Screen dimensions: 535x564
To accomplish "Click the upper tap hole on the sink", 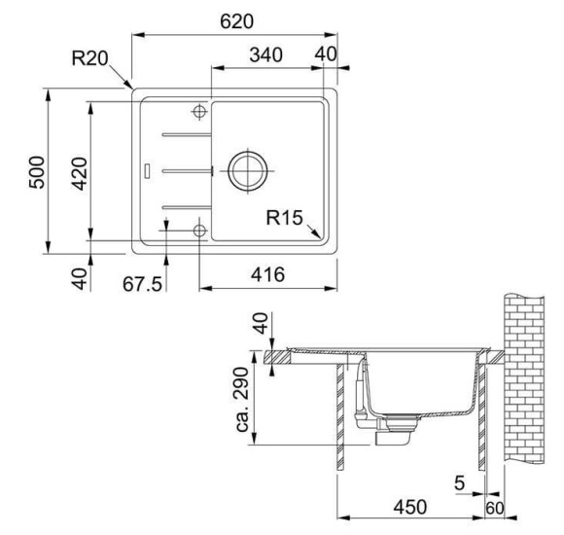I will click(200, 110).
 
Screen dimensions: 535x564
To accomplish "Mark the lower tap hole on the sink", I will click(200, 231).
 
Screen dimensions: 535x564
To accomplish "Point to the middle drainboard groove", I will click(185, 170).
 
